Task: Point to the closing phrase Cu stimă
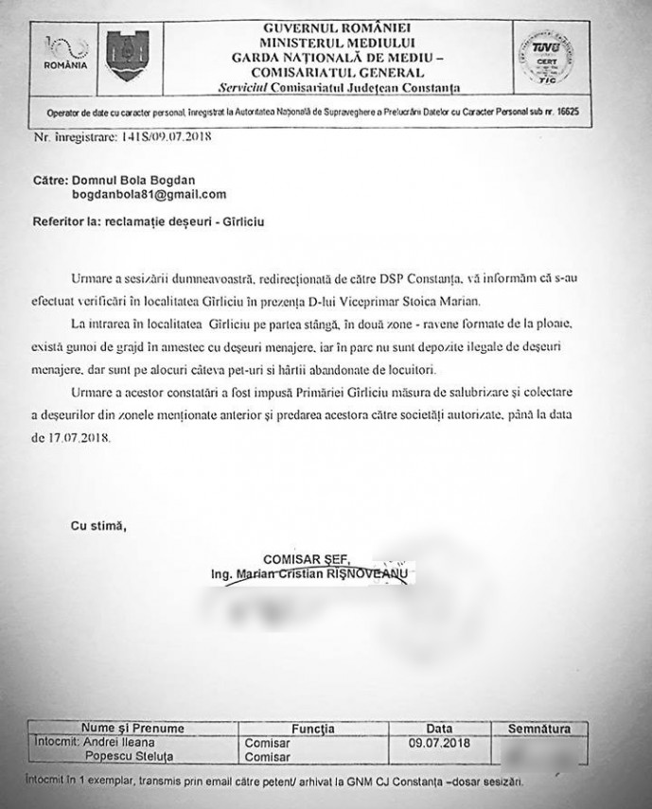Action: pos(98,526)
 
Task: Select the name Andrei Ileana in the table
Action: pos(123,743)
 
